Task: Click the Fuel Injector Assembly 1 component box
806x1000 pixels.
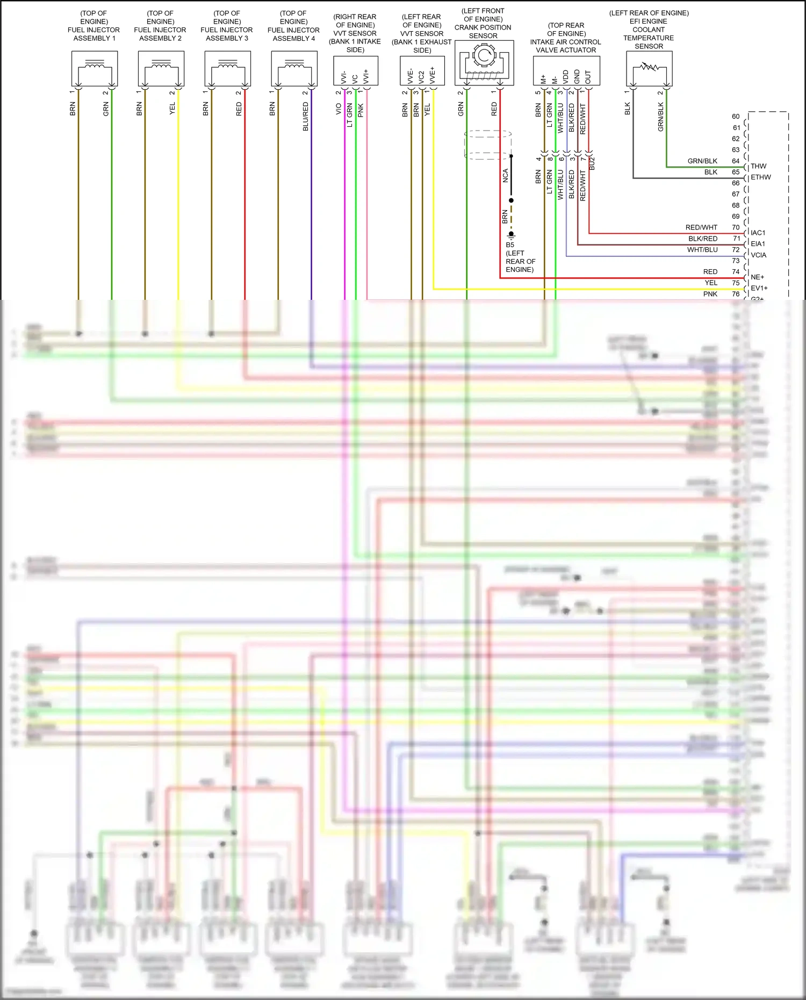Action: click(x=95, y=68)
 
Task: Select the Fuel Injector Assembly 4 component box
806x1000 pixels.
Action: click(x=294, y=68)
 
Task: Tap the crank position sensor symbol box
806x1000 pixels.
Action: click(x=484, y=63)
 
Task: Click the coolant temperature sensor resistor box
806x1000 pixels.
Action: click(x=649, y=68)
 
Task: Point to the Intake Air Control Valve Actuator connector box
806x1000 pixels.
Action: click(x=566, y=70)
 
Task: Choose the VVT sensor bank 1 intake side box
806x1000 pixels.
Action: click(x=355, y=70)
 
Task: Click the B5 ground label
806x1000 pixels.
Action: click(x=510, y=244)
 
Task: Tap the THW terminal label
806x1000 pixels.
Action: click(x=758, y=166)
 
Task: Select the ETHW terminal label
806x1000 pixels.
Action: click(x=760, y=177)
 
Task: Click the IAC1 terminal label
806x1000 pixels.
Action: click(x=758, y=233)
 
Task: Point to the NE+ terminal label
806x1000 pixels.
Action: click(x=757, y=277)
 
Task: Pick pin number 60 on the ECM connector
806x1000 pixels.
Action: click(x=736, y=117)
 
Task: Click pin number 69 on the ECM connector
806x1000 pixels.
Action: click(x=736, y=217)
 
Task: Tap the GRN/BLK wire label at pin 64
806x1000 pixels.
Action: click(x=702, y=161)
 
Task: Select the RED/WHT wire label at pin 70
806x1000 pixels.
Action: click(x=701, y=228)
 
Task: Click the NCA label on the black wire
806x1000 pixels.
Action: click(x=505, y=176)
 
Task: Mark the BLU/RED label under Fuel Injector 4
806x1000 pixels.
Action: click(x=306, y=117)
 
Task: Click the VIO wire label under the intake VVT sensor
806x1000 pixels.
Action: click(x=339, y=109)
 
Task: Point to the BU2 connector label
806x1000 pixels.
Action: click(x=592, y=164)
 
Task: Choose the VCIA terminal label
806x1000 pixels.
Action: click(x=758, y=255)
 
